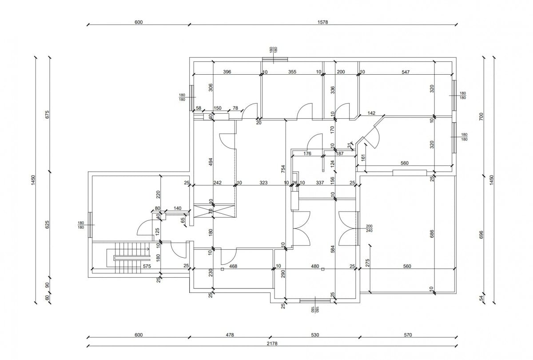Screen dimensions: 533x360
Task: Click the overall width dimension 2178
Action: (x=272, y=343)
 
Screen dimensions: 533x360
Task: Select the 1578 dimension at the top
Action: (x=322, y=22)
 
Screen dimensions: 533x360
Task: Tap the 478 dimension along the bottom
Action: (x=230, y=335)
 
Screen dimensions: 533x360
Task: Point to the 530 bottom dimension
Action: (x=315, y=335)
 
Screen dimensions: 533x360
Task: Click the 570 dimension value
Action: (x=408, y=335)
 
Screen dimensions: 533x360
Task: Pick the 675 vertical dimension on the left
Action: (x=47, y=115)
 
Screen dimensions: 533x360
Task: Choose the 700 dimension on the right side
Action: (x=481, y=116)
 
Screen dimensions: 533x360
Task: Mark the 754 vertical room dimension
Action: (x=283, y=169)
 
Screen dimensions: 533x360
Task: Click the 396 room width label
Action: (x=227, y=72)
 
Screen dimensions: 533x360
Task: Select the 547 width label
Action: (x=406, y=72)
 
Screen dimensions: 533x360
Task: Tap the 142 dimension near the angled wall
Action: (x=371, y=113)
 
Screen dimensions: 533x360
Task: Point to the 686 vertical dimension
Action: (x=432, y=234)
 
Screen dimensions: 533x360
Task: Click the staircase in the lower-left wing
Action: (x=128, y=258)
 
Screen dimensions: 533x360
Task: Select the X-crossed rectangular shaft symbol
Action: (x=214, y=211)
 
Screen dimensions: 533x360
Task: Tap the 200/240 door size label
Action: (x=369, y=228)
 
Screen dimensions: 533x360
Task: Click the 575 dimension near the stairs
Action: (x=147, y=266)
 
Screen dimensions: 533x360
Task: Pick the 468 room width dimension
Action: (x=233, y=266)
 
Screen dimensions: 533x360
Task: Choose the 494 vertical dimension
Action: (x=211, y=162)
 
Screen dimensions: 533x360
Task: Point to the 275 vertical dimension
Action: (x=367, y=263)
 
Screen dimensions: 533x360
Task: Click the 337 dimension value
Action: (x=320, y=182)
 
